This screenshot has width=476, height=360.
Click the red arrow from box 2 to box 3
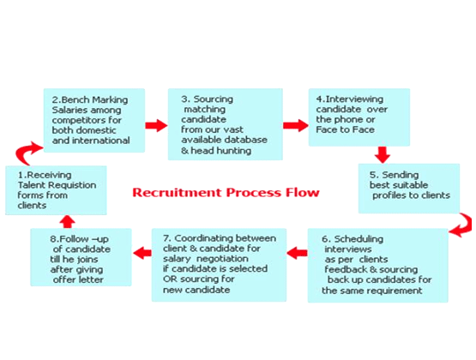(x=156, y=125)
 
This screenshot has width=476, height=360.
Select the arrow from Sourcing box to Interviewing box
(x=296, y=125)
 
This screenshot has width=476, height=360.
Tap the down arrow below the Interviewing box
(x=383, y=154)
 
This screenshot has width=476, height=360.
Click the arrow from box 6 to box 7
(x=297, y=253)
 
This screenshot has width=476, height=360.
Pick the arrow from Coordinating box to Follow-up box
(x=142, y=253)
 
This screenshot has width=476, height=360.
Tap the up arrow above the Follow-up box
(x=68, y=222)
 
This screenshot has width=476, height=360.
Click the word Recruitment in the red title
(x=177, y=193)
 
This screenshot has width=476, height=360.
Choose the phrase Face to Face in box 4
(x=345, y=129)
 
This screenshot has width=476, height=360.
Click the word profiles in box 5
(x=389, y=195)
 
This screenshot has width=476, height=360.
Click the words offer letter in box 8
(x=78, y=279)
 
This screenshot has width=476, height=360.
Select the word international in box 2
(x=101, y=141)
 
